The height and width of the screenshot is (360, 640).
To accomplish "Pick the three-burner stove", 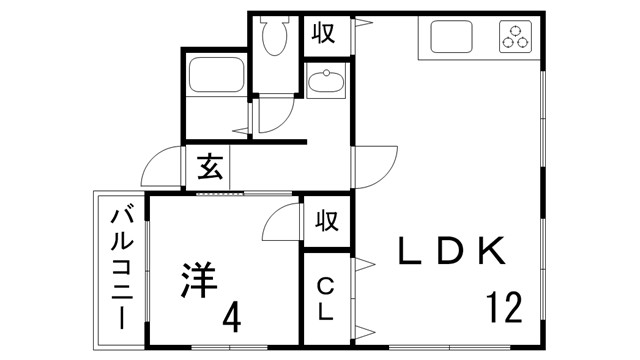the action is [517, 38].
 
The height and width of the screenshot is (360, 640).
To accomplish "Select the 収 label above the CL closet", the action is [326, 219].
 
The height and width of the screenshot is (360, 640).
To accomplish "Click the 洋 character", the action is [200, 279].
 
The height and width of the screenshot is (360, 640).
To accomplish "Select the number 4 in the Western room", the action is [231, 318].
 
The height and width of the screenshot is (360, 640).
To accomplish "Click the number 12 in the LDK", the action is [505, 306].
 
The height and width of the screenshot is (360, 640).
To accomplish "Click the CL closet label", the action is [325, 298].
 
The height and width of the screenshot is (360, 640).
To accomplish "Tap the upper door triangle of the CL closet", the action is [363, 264].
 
